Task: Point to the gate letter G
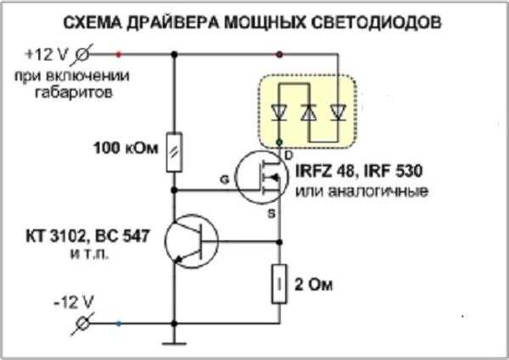224,178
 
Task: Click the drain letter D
289,154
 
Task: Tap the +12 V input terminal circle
82,55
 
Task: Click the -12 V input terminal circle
83,323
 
